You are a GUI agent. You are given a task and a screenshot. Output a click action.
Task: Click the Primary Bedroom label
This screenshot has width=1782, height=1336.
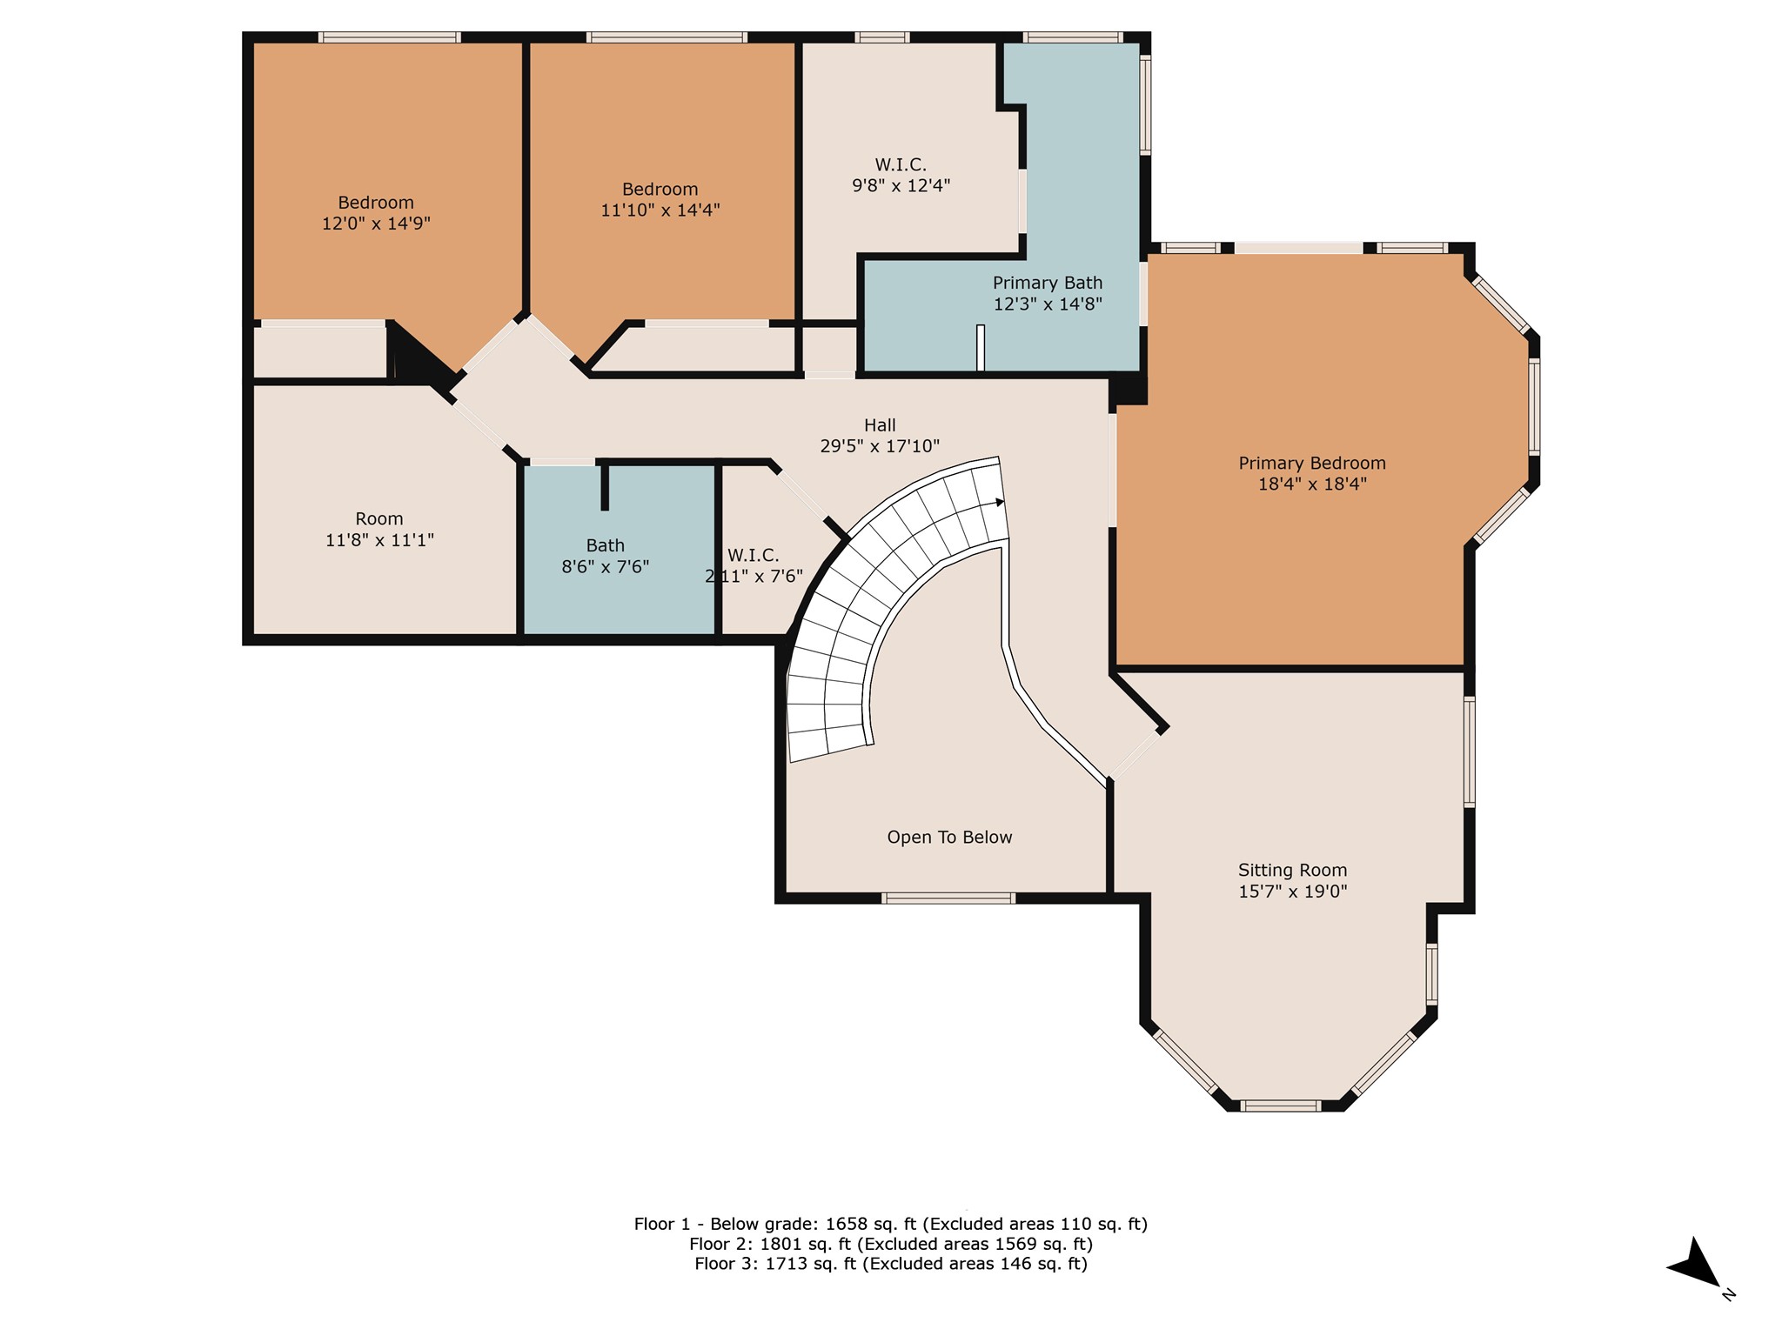click(1312, 464)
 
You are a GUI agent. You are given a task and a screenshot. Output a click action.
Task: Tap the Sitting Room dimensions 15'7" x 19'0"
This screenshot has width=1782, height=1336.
click(1293, 892)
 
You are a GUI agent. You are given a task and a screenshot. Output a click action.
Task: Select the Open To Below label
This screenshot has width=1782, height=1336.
click(949, 838)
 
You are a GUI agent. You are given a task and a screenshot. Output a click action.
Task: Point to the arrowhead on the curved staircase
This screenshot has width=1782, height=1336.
click(998, 502)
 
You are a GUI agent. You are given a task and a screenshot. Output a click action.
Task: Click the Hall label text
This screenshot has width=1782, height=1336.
click(880, 425)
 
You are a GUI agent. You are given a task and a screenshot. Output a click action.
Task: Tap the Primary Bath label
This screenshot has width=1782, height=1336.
click(1048, 284)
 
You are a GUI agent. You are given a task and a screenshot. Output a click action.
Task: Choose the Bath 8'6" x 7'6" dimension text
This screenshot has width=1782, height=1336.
click(606, 567)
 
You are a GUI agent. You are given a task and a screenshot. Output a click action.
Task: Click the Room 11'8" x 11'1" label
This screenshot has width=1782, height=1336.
click(379, 530)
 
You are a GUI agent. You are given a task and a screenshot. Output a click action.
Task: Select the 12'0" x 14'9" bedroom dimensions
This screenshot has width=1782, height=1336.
click(376, 224)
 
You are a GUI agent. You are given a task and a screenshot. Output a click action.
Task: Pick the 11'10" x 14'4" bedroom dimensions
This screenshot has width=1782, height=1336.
click(660, 210)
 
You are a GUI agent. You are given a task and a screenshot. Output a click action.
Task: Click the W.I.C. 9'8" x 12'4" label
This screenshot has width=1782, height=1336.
click(901, 175)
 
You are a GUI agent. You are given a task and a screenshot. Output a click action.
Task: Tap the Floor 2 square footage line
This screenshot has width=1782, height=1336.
click(891, 1244)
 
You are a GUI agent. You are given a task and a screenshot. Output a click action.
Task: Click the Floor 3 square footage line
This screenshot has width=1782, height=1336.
click(891, 1264)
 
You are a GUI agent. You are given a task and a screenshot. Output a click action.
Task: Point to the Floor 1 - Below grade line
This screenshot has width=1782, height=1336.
click(891, 1224)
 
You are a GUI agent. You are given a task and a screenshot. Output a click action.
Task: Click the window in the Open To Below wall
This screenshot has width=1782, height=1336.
click(948, 898)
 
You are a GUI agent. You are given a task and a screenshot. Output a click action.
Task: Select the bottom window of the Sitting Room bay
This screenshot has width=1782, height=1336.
click(1280, 1106)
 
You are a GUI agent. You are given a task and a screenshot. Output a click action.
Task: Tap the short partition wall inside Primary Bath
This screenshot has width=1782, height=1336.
click(981, 348)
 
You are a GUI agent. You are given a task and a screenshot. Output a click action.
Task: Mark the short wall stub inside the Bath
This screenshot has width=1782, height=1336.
click(605, 487)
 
